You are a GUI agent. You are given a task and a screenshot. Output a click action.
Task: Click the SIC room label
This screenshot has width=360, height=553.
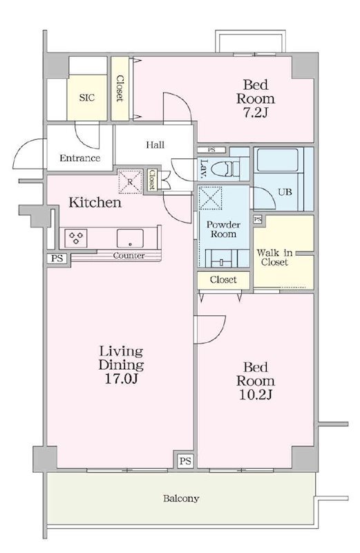(87, 97)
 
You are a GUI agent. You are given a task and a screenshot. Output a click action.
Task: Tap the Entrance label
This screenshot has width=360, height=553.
(79, 158)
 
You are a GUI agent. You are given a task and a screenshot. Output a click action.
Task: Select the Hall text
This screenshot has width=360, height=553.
(155, 144)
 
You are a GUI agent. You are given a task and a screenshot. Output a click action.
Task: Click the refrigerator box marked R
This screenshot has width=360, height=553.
(130, 182)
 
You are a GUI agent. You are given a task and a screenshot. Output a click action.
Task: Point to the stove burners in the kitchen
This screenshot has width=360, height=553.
(76, 238)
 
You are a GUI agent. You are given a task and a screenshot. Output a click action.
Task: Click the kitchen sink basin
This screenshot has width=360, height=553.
(130, 238)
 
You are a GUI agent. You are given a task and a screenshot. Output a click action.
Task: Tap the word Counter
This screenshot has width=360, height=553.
(129, 255)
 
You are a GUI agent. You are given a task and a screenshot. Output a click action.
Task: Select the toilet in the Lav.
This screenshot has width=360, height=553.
(227, 169)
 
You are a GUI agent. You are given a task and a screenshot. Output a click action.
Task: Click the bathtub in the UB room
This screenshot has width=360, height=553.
(278, 160)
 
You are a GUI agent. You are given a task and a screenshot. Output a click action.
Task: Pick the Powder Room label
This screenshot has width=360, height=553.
(224, 229)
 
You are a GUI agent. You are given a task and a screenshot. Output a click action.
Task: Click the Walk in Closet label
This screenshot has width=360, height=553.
(275, 257)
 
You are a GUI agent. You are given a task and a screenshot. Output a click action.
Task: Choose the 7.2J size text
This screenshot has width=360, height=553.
(255, 113)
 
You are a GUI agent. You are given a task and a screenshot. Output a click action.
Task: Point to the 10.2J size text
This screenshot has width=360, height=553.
(255, 395)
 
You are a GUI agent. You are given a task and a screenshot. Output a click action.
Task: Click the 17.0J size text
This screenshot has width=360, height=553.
(121, 378)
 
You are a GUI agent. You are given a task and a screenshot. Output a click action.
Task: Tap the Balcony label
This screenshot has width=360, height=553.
(181, 498)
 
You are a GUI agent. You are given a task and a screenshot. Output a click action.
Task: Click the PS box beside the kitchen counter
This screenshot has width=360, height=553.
(57, 258)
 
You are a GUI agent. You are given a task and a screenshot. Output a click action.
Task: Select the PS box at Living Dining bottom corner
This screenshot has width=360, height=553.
(185, 461)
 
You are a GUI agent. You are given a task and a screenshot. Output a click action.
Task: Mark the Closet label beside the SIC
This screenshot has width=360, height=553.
(120, 88)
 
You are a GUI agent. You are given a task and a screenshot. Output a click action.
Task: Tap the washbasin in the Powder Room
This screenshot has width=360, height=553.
(221, 259)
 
